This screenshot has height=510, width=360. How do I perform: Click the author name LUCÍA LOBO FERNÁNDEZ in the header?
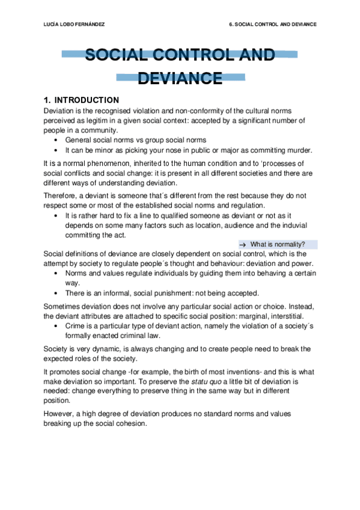pyautogui.click(x=72, y=25)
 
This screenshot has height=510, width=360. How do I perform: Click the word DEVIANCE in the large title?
pyautogui.click(x=180, y=78)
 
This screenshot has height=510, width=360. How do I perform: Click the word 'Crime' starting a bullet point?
pyautogui.click(x=75, y=325)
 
